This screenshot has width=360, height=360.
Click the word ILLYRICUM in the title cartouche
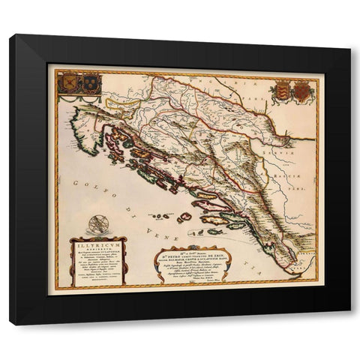tap(97, 242)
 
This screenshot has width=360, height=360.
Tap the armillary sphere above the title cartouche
tap(97, 223)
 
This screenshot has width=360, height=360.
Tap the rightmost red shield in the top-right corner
tap(300, 91)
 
